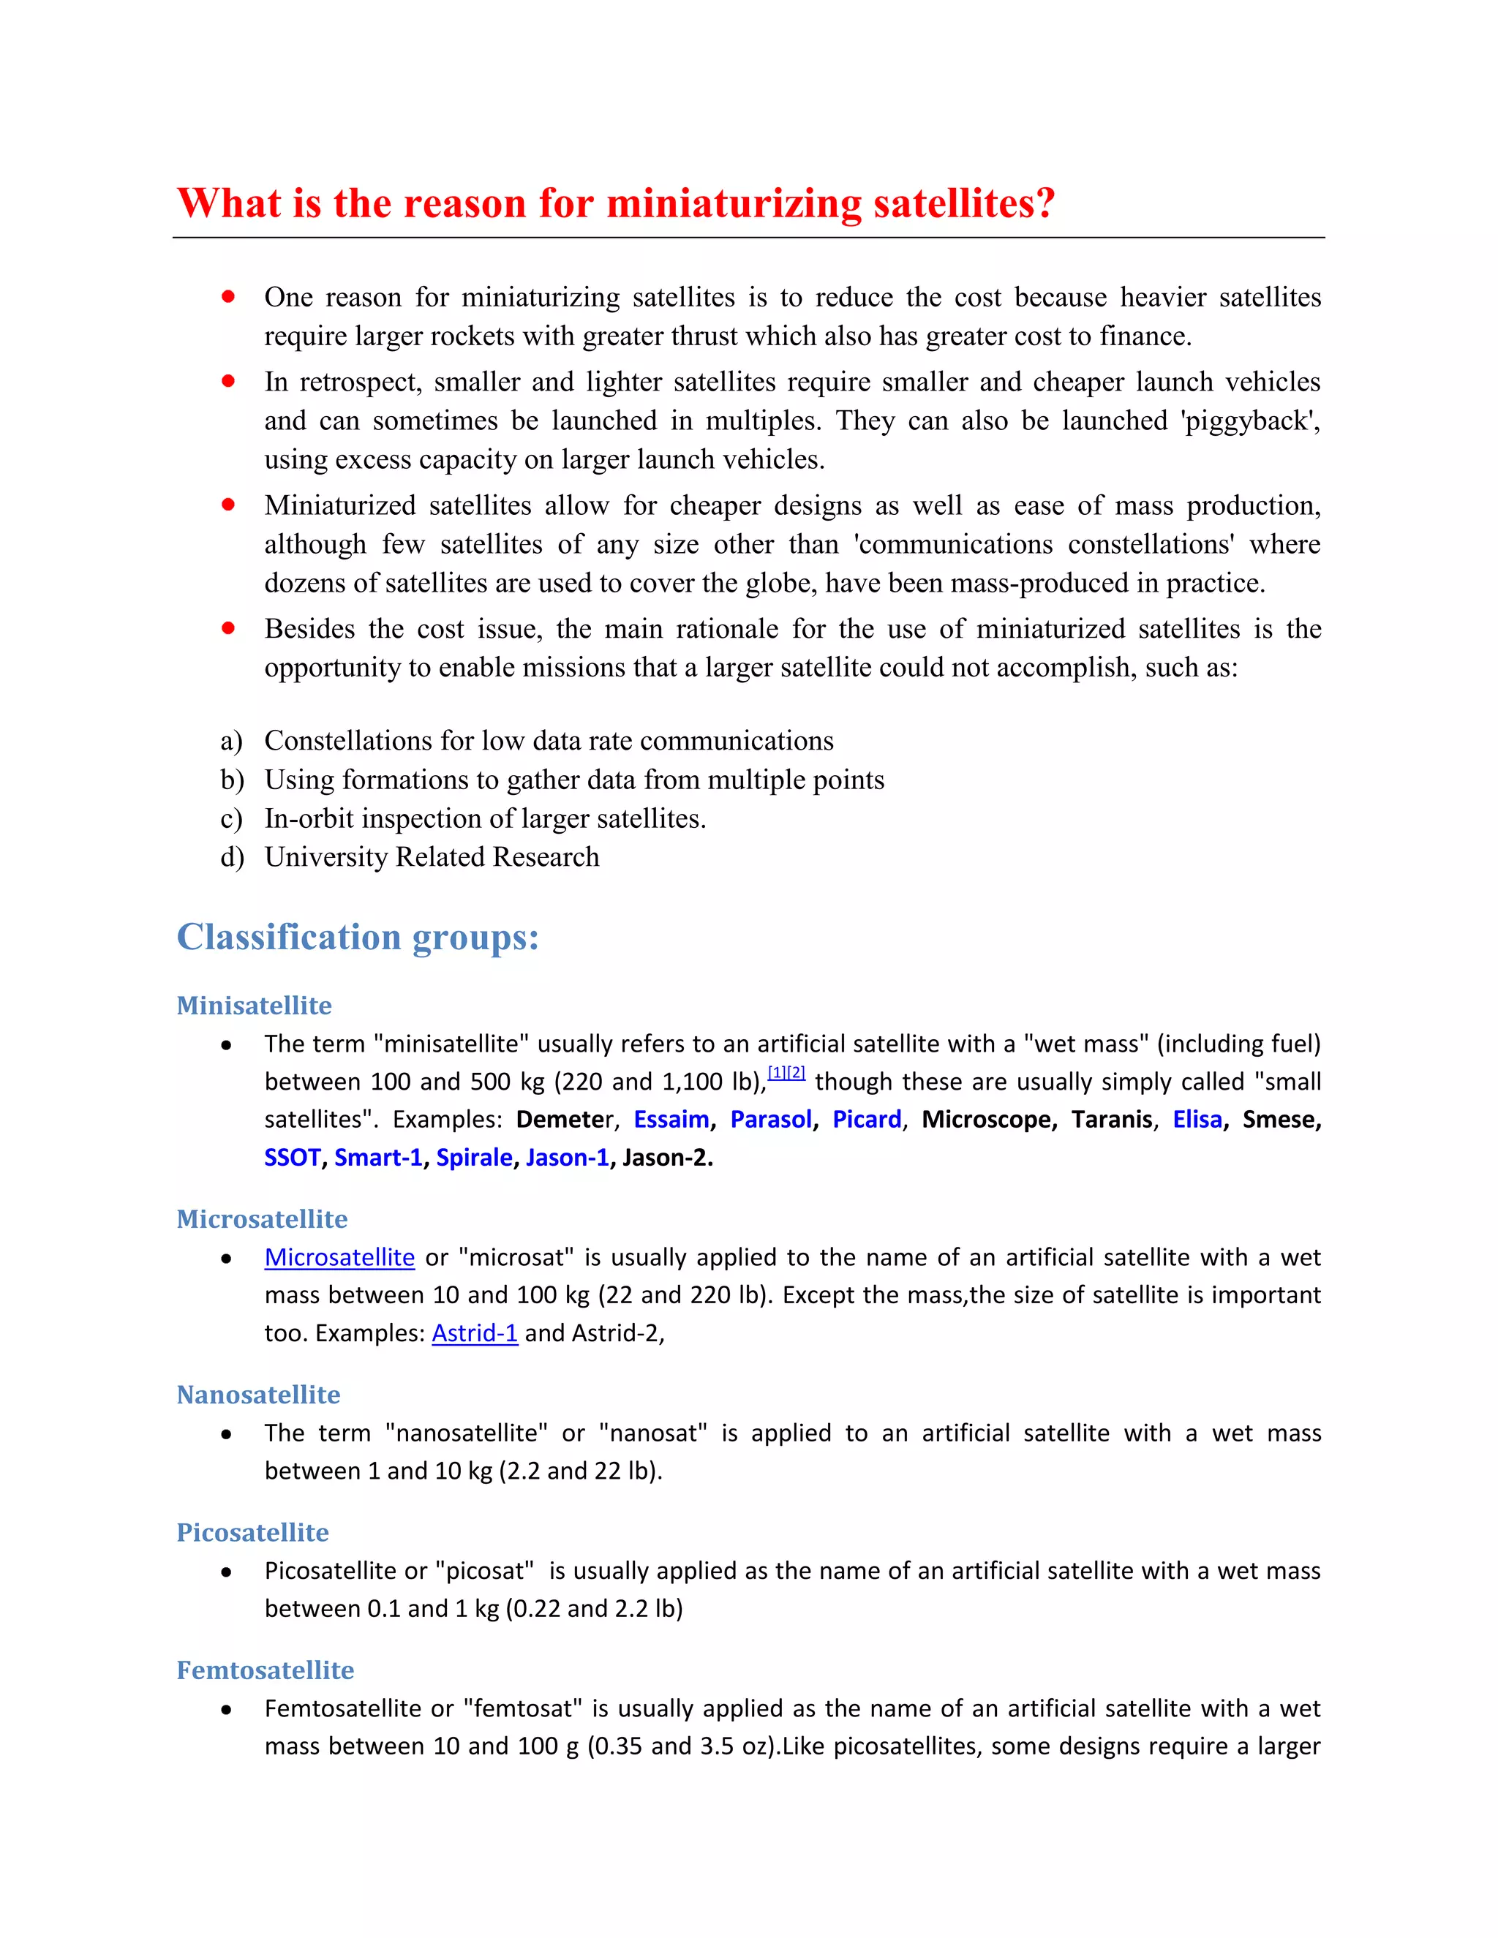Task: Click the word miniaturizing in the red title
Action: coord(733,204)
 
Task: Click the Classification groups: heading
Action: coord(358,937)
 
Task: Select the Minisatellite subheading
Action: coord(254,1006)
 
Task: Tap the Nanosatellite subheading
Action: coord(258,1394)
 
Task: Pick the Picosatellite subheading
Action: coord(253,1531)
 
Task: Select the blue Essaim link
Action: coord(671,1120)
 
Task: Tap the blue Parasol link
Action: coord(770,1120)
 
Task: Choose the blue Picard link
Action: coord(866,1120)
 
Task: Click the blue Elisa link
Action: coord(1197,1120)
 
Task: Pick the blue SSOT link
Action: coord(292,1158)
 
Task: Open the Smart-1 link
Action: coord(378,1158)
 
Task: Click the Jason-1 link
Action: coord(567,1158)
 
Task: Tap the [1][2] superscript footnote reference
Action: coord(786,1073)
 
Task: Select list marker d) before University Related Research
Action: coord(232,857)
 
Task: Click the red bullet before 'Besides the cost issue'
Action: coord(228,628)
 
